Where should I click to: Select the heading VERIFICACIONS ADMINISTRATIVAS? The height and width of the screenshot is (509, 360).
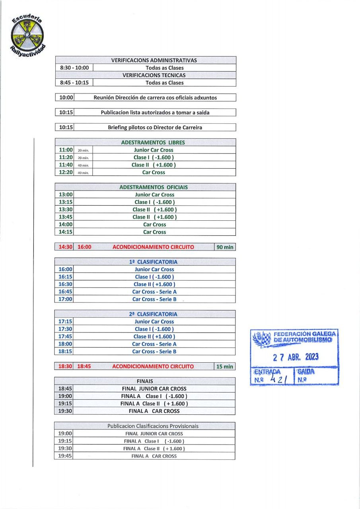(154, 60)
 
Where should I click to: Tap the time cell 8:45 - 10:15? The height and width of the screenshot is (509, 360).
(74, 83)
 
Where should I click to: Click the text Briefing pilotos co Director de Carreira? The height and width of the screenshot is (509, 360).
(155, 128)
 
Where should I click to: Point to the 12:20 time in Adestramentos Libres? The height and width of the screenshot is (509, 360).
(66, 173)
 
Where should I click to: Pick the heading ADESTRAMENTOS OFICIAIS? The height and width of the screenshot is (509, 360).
(154, 187)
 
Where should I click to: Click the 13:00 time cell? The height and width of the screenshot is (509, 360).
(66, 195)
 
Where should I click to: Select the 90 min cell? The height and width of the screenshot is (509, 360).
(225, 247)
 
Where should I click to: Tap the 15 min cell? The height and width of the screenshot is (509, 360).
(225, 367)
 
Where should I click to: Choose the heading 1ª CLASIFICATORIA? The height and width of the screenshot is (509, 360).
(153, 262)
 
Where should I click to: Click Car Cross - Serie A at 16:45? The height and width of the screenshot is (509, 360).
(154, 292)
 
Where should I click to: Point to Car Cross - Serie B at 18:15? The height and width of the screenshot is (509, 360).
(154, 352)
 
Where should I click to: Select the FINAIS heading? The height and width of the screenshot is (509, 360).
(145, 381)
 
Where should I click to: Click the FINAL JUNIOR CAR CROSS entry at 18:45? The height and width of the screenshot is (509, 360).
(154, 389)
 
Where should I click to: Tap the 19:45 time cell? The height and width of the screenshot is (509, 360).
(65, 456)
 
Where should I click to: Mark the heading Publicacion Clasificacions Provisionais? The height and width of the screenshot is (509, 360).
(153, 426)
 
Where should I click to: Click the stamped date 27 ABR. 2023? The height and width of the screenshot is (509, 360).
(296, 357)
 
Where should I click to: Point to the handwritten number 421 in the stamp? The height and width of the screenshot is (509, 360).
(278, 379)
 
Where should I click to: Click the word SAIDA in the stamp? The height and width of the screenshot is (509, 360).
(306, 371)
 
